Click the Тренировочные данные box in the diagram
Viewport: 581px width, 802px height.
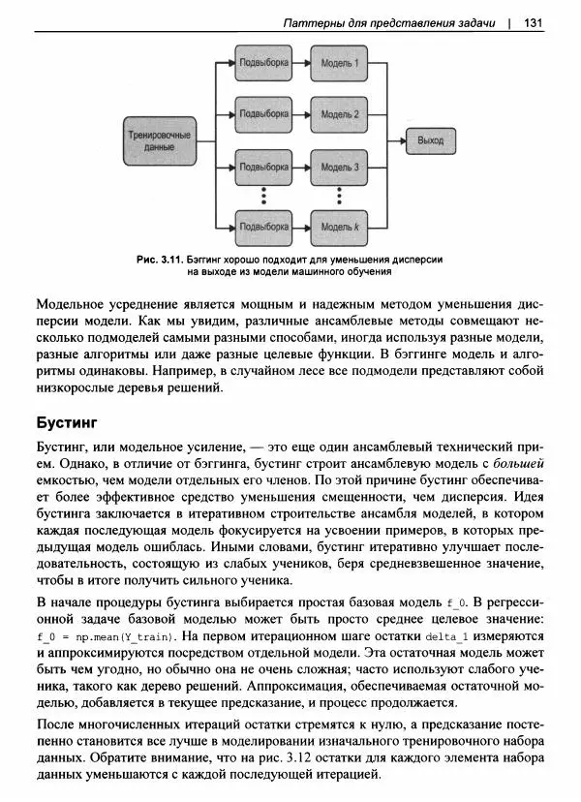159,140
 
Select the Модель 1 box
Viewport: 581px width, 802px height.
341,64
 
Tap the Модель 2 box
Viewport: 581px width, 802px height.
341,113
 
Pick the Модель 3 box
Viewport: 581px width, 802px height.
341,167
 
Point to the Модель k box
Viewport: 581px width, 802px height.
341,228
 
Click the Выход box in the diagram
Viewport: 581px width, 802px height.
430,140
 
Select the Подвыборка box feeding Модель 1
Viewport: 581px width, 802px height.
263,64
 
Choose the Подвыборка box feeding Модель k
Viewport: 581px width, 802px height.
263,228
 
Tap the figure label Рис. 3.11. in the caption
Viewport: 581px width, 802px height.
160,260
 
